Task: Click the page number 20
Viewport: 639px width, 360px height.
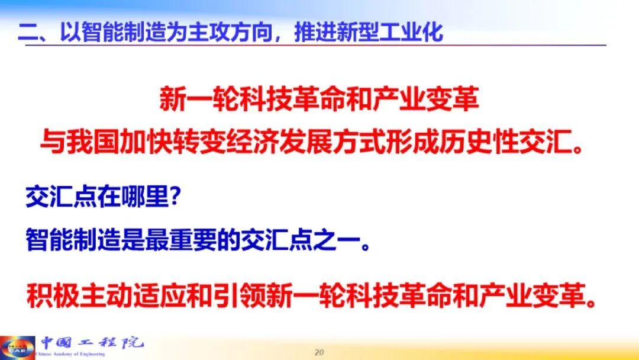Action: (319, 352)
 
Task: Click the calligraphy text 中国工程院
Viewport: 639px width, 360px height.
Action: (92, 342)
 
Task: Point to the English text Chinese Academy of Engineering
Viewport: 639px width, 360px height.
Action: (70, 354)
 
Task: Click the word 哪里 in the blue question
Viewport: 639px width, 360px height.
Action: (146, 197)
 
